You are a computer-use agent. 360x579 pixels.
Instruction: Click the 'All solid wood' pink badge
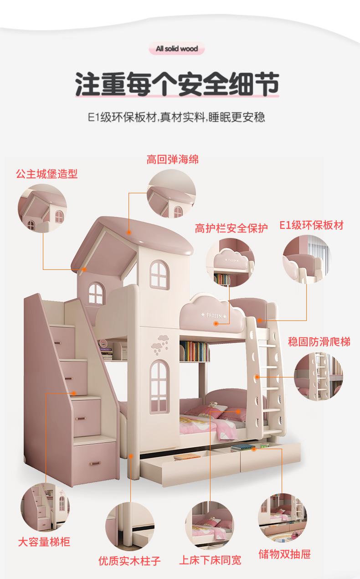pyautogui.click(x=177, y=49)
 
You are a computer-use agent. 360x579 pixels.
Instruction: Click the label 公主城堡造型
pyautogui.click(x=47, y=174)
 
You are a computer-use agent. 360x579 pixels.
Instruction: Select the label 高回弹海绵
pyautogui.click(x=173, y=160)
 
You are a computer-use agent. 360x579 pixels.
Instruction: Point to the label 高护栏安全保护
pyautogui.click(x=231, y=228)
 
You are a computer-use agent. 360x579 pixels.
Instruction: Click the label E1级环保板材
pyautogui.click(x=312, y=225)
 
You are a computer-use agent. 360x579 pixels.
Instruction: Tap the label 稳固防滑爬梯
pyautogui.click(x=319, y=341)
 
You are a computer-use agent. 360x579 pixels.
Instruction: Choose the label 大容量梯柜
pyautogui.click(x=44, y=542)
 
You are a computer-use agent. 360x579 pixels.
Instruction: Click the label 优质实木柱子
pyautogui.click(x=130, y=560)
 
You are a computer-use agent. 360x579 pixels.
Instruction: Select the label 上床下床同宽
pyautogui.click(x=210, y=560)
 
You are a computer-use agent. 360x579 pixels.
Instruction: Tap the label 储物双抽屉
pyautogui.click(x=285, y=554)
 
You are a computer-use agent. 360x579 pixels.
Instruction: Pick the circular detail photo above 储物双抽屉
pyautogui.click(x=283, y=517)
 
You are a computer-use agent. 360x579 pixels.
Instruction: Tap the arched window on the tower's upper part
pyautogui.click(x=159, y=274)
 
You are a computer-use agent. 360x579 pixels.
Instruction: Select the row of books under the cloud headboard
pyautogui.click(x=194, y=352)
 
